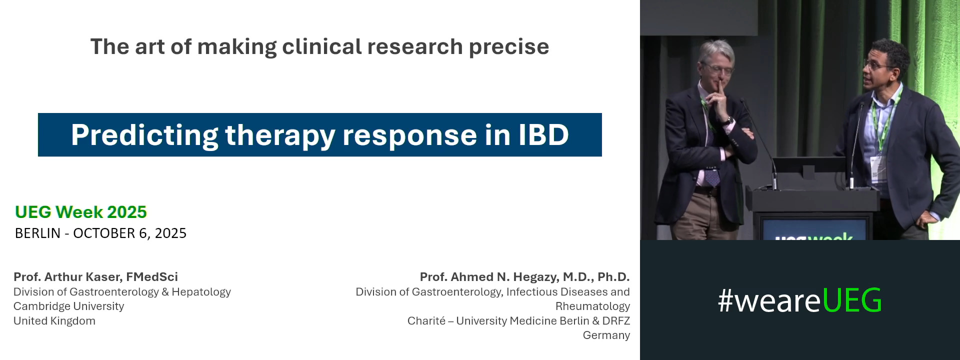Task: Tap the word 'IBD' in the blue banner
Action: pyautogui.click(x=543, y=135)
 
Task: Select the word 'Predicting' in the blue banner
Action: pyautogui.click(x=144, y=135)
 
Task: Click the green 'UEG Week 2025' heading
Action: pyautogui.click(x=81, y=212)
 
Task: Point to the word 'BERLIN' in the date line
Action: pyautogui.click(x=37, y=233)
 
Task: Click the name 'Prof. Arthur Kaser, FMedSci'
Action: pyautogui.click(x=95, y=277)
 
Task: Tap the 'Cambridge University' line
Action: pyautogui.click(x=68, y=306)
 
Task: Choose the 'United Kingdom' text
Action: pyautogui.click(x=54, y=321)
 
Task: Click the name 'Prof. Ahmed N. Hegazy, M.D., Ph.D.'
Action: pyautogui.click(x=524, y=277)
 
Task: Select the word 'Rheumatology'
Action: pyautogui.click(x=592, y=306)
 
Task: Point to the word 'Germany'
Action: pyautogui.click(x=606, y=335)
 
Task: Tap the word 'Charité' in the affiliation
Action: pyautogui.click(x=426, y=321)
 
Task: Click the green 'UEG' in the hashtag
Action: pyautogui.click(x=852, y=300)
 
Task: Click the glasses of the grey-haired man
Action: pyautogui.click(x=717, y=68)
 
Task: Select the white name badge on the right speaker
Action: pyautogui.click(x=876, y=168)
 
